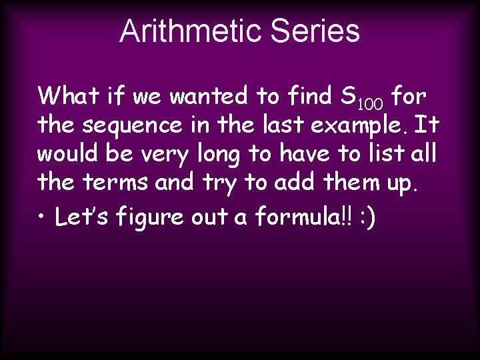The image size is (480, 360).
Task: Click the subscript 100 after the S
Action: click(370, 104)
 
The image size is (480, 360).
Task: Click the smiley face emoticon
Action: click(366, 217)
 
